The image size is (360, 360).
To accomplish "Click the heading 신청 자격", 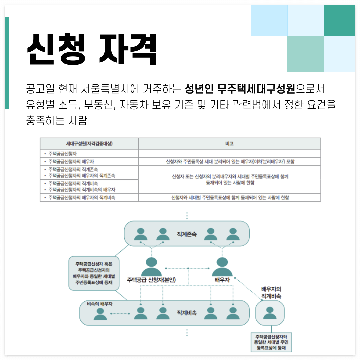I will [92, 50].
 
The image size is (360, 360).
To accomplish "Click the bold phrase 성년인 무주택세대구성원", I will [240, 89].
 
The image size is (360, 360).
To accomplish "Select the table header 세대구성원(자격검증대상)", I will [89, 144].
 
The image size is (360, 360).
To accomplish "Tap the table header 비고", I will [229, 144].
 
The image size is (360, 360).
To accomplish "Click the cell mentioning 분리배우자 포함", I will [229, 162].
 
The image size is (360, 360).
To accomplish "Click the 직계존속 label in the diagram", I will [187, 234].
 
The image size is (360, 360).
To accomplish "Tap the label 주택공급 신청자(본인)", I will [151, 280].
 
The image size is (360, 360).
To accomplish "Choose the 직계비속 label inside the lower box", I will [187, 313].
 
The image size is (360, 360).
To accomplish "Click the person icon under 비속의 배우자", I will [100, 314].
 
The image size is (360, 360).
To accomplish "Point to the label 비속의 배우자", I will [99, 304].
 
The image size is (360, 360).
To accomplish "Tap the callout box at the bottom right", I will [272, 342].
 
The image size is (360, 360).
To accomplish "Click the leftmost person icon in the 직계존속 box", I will [141, 234].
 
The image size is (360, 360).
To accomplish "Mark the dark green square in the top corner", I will [339, 21].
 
